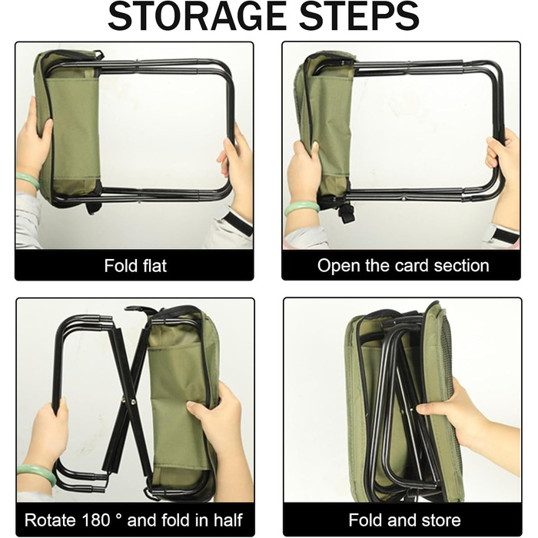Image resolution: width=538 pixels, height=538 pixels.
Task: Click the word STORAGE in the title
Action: click(x=197, y=16)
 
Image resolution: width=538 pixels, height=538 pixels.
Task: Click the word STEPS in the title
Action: click(x=359, y=16)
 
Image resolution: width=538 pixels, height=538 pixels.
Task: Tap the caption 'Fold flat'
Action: click(x=135, y=266)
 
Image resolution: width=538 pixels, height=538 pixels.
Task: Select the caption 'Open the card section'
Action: click(x=403, y=266)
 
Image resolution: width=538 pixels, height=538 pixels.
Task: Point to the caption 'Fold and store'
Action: click(x=404, y=520)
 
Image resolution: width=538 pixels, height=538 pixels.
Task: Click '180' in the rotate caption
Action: click(x=95, y=520)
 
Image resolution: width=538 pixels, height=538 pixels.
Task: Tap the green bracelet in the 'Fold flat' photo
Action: click(x=28, y=181)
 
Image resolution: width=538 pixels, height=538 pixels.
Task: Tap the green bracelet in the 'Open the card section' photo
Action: click(x=302, y=208)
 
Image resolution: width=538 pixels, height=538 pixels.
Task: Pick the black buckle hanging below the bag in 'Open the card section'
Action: click(x=346, y=212)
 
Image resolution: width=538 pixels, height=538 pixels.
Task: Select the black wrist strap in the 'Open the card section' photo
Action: click(x=505, y=234)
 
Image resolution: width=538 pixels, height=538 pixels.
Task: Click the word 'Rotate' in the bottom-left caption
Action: click(x=50, y=520)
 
